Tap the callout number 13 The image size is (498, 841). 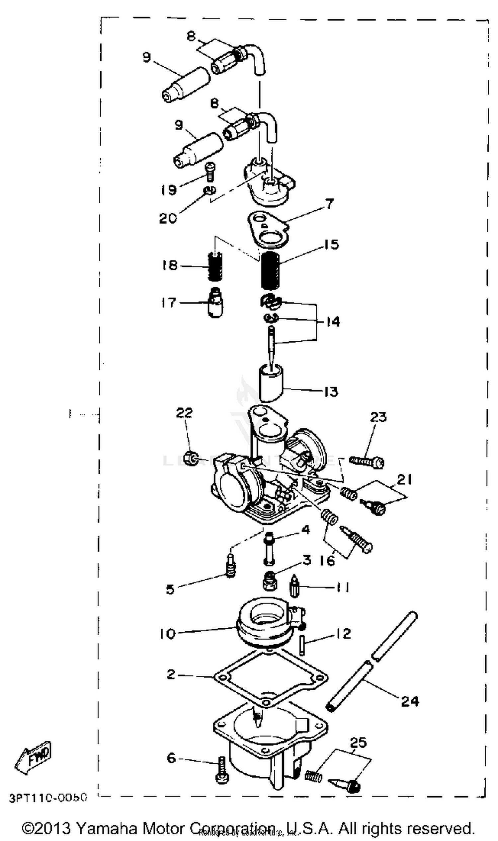click(331, 392)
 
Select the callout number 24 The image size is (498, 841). click(410, 701)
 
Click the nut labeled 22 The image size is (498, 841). click(191, 458)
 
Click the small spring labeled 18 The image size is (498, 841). click(215, 267)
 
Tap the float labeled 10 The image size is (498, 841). click(263, 626)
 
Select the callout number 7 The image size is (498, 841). click(330, 204)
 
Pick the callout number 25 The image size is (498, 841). click(359, 743)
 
